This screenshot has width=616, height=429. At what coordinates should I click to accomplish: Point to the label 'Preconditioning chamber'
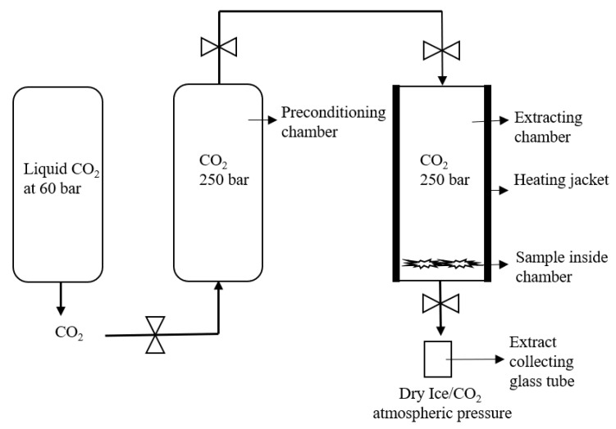click(333, 120)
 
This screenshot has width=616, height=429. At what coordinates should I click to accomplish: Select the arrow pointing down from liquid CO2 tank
click(59, 298)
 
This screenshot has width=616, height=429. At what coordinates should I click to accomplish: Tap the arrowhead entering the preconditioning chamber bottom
click(219, 285)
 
